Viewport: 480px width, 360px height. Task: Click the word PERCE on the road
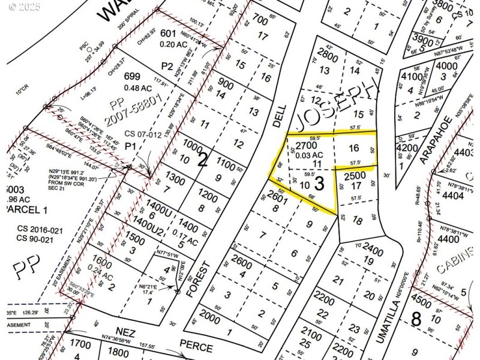[196, 347]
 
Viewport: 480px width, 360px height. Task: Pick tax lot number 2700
[306, 145]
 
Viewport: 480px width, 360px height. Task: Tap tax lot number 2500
[355, 175]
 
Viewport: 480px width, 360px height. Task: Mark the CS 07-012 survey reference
[143, 134]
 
